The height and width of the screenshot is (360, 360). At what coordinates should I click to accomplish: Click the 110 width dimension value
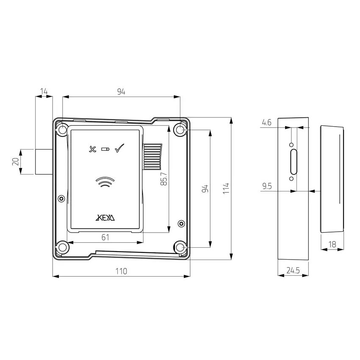(121, 271)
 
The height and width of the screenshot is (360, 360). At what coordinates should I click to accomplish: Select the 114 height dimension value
(226, 188)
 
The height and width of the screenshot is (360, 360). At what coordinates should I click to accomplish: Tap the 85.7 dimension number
(164, 179)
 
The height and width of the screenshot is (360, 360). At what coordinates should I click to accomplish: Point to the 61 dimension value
(105, 237)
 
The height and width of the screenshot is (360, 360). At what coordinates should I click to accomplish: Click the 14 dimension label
(44, 91)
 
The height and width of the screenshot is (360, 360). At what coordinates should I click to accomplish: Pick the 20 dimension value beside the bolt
(16, 161)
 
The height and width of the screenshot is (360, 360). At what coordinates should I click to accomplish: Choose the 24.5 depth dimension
(293, 271)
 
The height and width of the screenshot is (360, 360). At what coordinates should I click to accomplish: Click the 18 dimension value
(332, 244)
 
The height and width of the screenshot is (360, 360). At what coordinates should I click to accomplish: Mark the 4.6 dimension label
(267, 122)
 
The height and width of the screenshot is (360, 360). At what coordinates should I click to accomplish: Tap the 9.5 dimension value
(267, 186)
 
